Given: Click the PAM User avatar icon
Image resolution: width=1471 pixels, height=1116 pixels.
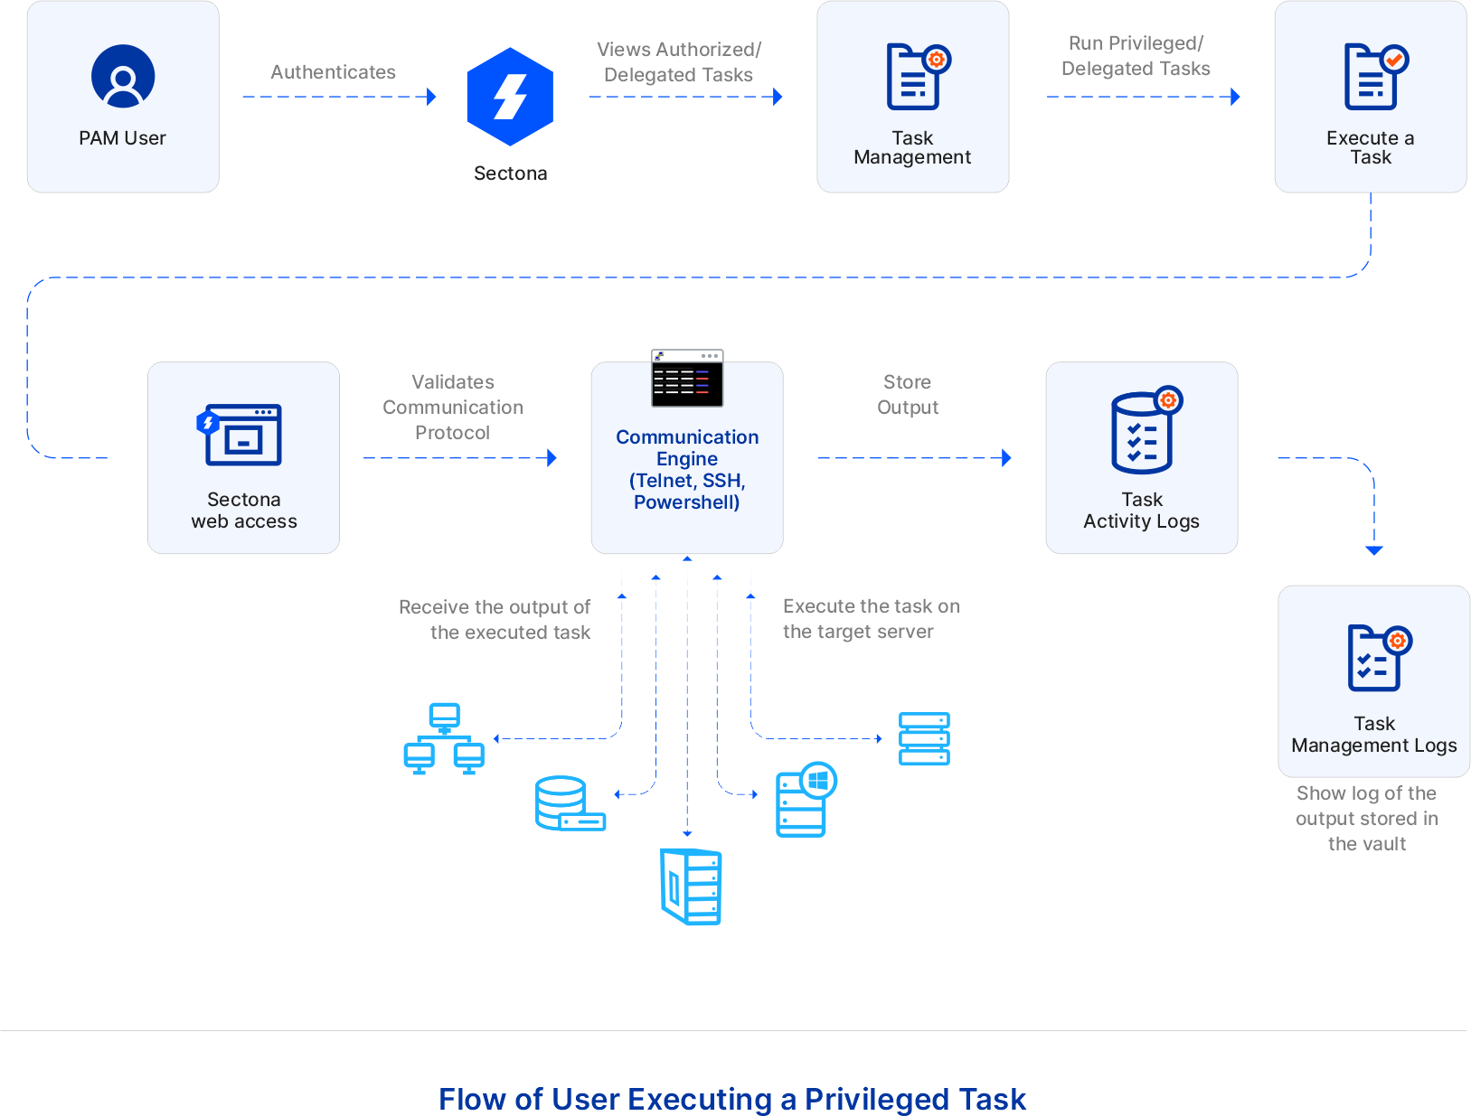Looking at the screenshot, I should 123,77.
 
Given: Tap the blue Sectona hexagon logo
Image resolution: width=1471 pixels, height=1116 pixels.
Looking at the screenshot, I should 510,97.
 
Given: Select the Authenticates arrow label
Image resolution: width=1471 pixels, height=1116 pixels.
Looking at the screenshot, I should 333,72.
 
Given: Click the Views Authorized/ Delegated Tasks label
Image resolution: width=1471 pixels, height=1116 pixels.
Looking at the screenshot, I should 678,62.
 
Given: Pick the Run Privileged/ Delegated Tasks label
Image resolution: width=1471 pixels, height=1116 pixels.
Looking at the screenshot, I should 1136,56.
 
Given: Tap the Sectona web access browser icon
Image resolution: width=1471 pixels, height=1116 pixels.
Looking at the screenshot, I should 240,435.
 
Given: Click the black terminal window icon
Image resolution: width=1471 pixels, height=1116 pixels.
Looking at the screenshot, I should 687,379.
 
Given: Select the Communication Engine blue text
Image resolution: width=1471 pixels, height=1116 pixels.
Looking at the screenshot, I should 687,469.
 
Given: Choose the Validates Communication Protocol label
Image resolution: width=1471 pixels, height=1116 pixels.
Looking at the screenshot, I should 452,408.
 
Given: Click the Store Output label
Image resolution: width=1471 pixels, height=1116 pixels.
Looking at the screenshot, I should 908,395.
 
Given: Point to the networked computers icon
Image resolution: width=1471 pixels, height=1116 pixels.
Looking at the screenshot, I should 443,738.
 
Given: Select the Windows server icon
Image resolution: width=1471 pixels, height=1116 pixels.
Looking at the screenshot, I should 805,799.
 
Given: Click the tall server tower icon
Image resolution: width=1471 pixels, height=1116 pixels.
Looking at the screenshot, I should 691,886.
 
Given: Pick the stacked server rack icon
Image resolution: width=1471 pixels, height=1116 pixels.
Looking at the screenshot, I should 924,738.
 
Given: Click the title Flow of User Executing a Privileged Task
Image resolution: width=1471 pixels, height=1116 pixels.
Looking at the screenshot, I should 732,1099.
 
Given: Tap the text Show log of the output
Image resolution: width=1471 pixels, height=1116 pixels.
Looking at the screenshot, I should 1366,806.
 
